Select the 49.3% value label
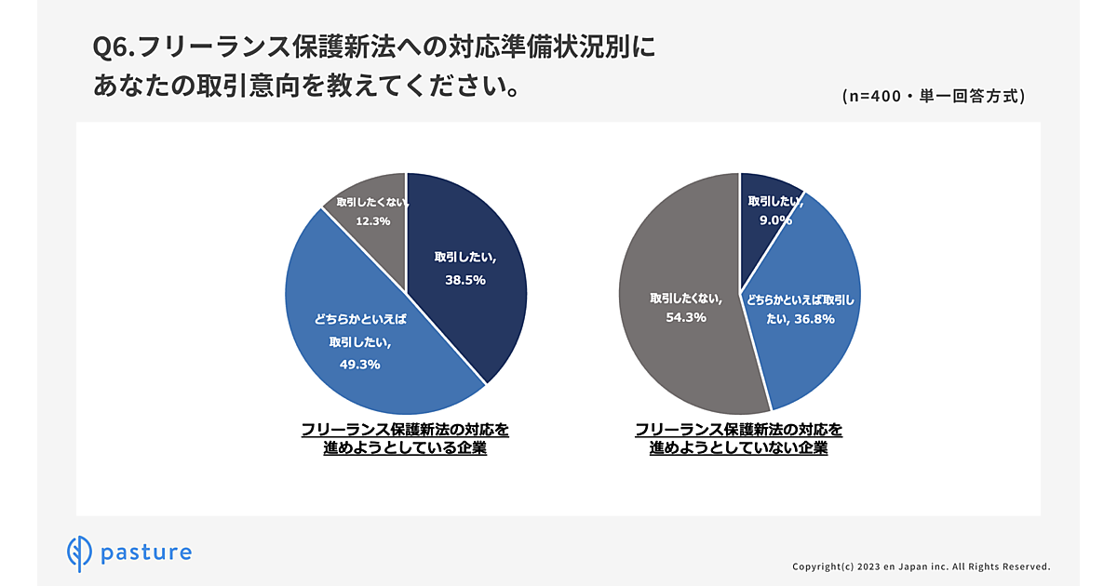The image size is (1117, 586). pos(360,364)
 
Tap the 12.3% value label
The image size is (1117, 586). pos(370,221)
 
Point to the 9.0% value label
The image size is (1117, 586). pos(774,220)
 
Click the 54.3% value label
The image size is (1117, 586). pos(686,317)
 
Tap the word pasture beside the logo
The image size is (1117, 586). pos(147,553)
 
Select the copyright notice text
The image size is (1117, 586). pos(921,566)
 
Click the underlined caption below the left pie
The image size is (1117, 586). pos(405,438)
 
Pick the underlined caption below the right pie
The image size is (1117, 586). pos(739,438)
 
